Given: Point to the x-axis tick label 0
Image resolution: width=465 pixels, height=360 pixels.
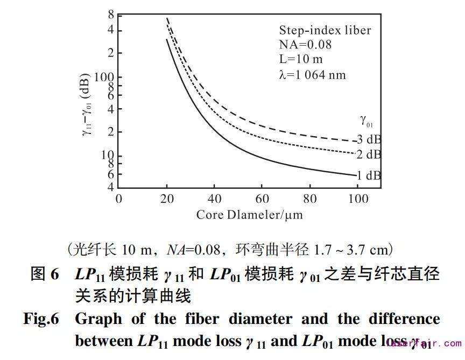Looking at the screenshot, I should [119, 199].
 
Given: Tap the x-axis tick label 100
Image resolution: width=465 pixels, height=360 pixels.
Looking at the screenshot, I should [358, 199].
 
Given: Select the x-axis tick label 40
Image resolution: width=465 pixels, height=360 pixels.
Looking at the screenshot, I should [214, 199].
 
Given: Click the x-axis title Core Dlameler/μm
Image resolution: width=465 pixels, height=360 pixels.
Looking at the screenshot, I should [249, 215].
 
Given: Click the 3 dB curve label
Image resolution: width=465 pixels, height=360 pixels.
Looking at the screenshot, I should [369, 139].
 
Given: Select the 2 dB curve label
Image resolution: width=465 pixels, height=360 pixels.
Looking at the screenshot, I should [369, 155].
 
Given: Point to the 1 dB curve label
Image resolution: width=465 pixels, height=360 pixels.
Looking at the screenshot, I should [369, 175].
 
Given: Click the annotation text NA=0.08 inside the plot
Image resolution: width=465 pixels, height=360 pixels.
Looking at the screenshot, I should [305, 45].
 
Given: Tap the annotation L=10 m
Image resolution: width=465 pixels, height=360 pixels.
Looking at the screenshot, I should [301, 59].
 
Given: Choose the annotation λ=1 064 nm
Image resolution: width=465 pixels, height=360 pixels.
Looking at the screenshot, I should [312, 75].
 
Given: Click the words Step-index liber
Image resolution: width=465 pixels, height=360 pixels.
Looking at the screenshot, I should [325, 30].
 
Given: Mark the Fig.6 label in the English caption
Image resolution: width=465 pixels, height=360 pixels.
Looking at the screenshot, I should [40, 319].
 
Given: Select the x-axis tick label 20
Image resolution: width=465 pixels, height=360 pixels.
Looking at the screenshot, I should [167, 199].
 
